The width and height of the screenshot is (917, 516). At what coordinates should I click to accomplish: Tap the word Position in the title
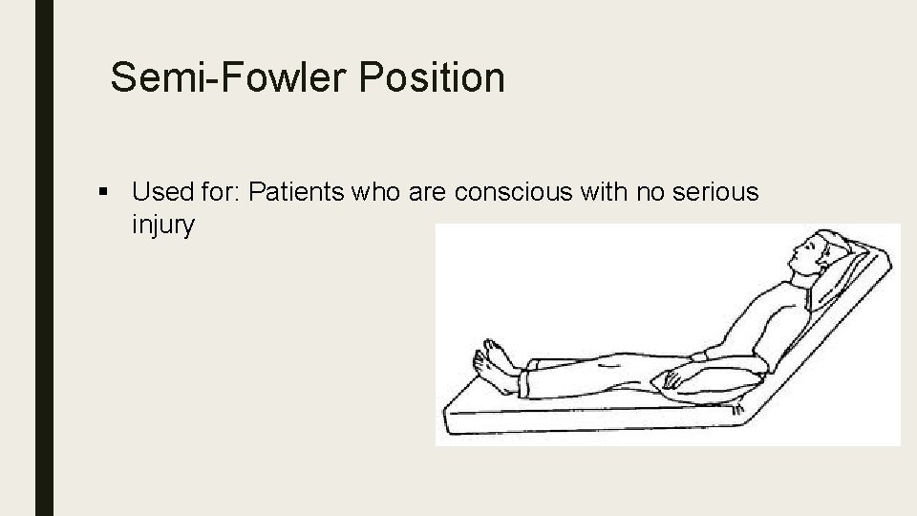click(x=432, y=76)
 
